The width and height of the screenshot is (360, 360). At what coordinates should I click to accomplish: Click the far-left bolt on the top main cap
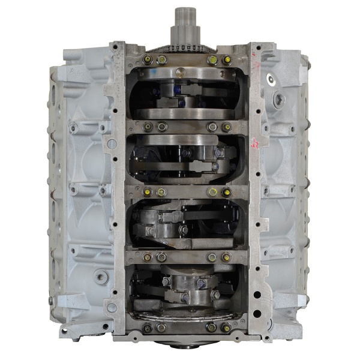[x=147, y=59]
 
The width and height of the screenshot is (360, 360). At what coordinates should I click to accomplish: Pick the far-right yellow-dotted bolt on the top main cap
[x=226, y=59]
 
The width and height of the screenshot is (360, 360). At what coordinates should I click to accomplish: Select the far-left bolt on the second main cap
[x=147, y=127]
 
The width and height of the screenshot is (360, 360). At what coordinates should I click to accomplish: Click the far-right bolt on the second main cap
[x=226, y=127]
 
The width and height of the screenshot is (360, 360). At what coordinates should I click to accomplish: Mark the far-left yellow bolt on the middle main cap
[x=147, y=192]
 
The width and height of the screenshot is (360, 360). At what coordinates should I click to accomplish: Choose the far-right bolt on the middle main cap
[x=226, y=192]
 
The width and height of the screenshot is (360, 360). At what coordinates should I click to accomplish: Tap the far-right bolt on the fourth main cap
[x=226, y=257]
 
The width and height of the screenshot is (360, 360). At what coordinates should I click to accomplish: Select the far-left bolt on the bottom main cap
[x=147, y=328]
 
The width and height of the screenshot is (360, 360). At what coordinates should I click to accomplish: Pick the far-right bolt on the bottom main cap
[x=226, y=328]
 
